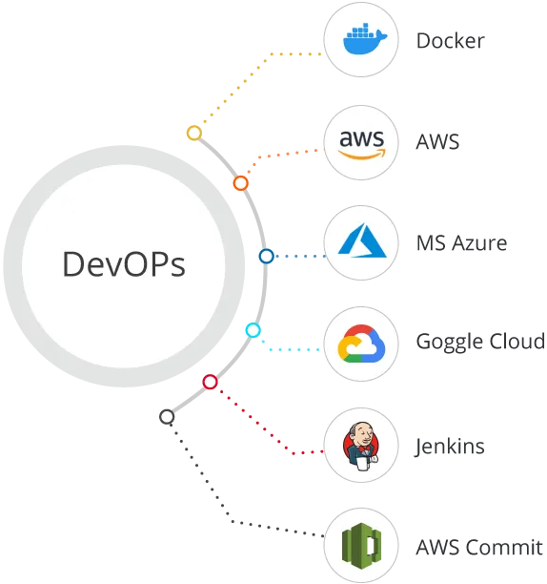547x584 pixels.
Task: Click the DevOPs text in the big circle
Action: pyautogui.click(x=124, y=264)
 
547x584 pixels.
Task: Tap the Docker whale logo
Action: pyautogui.click(x=365, y=39)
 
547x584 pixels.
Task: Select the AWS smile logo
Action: pyautogui.click(x=361, y=144)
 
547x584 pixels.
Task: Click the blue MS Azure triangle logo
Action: pyautogui.click(x=362, y=240)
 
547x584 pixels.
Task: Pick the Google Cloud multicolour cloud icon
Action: pyautogui.click(x=361, y=344)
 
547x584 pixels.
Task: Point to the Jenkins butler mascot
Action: pyautogui.click(x=361, y=446)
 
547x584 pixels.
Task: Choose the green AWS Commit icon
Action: pyautogui.click(x=361, y=546)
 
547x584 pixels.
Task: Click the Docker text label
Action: pyautogui.click(x=451, y=41)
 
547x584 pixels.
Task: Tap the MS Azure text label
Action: pyautogui.click(x=461, y=243)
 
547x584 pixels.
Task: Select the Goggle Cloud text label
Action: pyautogui.click(x=480, y=342)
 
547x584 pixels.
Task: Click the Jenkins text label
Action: pyautogui.click(x=450, y=447)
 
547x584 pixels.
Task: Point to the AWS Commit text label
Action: pyautogui.click(x=479, y=547)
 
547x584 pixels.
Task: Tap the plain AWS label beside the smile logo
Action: pyautogui.click(x=437, y=142)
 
